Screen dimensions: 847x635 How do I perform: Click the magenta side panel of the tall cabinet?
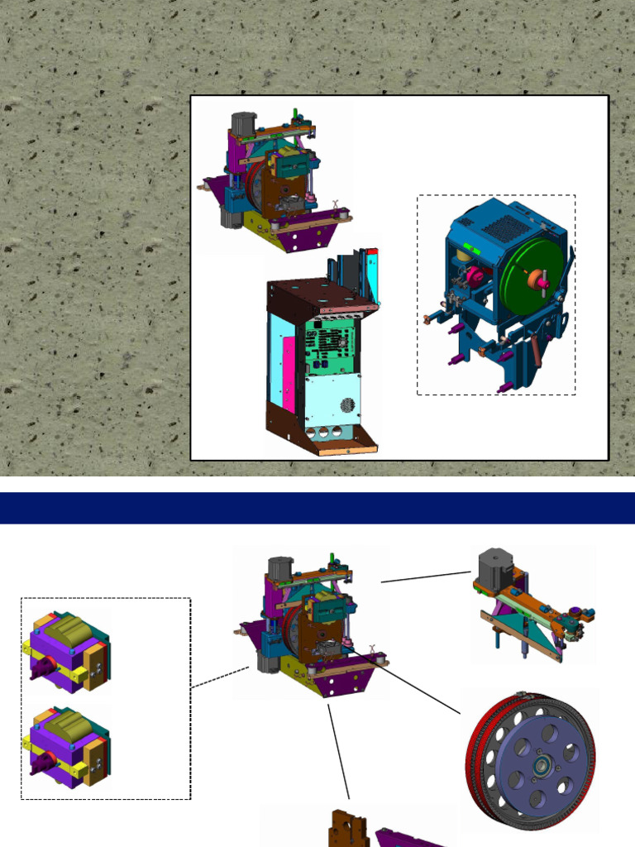(x=288, y=372)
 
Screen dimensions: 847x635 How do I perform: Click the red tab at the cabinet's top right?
(x=372, y=251)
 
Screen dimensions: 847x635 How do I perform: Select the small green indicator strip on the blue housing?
(x=474, y=245)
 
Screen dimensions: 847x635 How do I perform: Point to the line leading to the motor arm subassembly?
(x=426, y=577)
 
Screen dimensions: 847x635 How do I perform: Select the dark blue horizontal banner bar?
(x=317, y=508)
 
